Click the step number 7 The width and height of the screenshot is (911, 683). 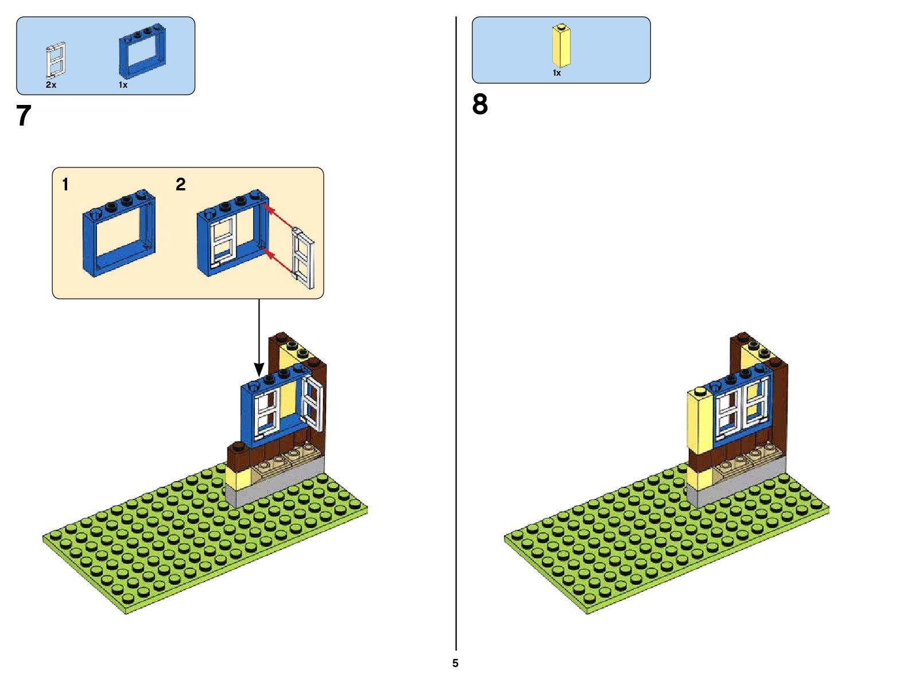[x=23, y=116]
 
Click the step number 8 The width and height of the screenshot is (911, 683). [x=480, y=105]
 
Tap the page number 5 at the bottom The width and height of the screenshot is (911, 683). [x=455, y=664]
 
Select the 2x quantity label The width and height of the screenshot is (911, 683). [x=51, y=85]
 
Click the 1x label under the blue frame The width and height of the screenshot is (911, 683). [x=123, y=85]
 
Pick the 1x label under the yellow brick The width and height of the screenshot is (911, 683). [x=556, y=73]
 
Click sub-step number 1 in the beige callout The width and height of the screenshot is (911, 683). [x=65, y=185]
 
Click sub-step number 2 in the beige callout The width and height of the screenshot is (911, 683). [x=181, y=185]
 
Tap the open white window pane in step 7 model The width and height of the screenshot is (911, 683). [x=313, y=404]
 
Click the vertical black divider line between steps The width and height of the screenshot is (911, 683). [x=456, y=333]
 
